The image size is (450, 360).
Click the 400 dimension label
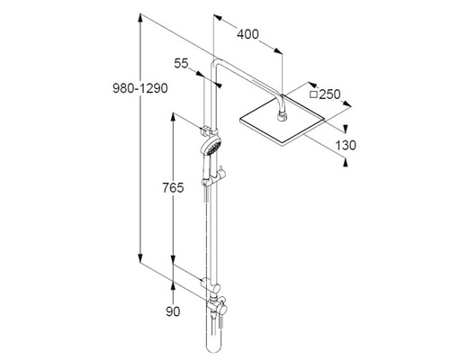point(247,34)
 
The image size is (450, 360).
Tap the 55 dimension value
point(181,64)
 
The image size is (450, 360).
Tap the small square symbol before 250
point(313,94)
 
